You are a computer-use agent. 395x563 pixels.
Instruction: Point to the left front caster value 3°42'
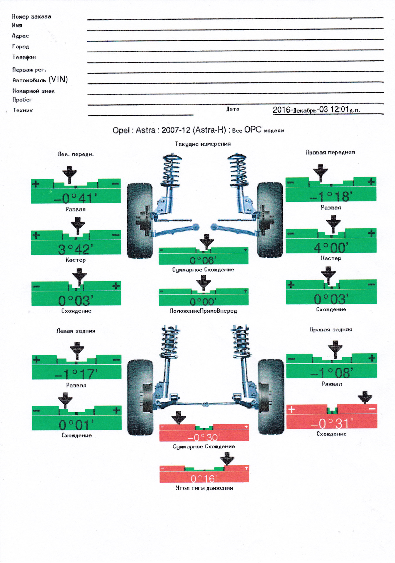(76, 250)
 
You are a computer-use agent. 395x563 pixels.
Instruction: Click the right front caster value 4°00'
(331, 248)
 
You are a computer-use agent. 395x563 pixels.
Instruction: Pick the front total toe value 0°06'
(203, 260)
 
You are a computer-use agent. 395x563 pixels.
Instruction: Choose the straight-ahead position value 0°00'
(203, 301)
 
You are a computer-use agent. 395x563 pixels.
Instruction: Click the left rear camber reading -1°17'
(76, 374)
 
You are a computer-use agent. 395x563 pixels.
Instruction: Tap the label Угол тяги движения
(204, 488)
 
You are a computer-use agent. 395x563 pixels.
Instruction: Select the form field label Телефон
(24, 57)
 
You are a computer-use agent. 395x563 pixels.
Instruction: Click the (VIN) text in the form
(58, 79)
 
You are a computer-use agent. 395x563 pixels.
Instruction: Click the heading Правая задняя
(331, 330)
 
